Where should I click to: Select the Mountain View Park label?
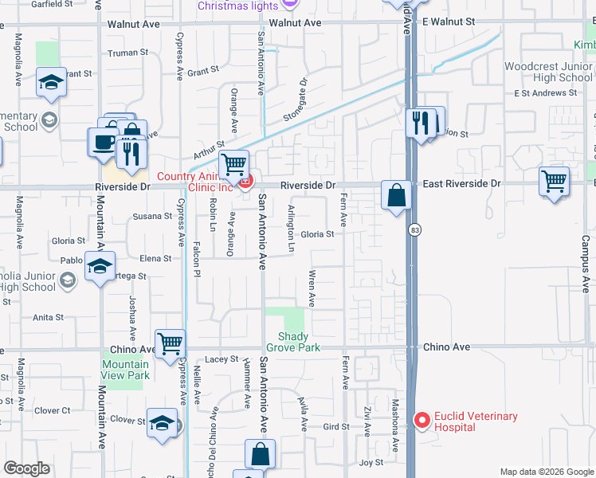[x=125, y=370]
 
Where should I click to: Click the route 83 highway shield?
[x=414, y=230]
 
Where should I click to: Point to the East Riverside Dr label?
[x=461, y=183]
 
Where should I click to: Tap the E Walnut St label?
[x=448, y=22]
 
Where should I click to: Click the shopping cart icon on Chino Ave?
[x=171, y=344]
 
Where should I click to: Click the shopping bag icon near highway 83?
[x=396, y=194]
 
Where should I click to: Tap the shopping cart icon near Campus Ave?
[x=554, y=180]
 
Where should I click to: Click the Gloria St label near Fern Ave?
[x=316, y=234]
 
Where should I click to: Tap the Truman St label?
[x=128, y=53]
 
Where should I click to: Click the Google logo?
[x=27, y=468]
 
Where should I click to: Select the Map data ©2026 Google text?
[x=546, y=472]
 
